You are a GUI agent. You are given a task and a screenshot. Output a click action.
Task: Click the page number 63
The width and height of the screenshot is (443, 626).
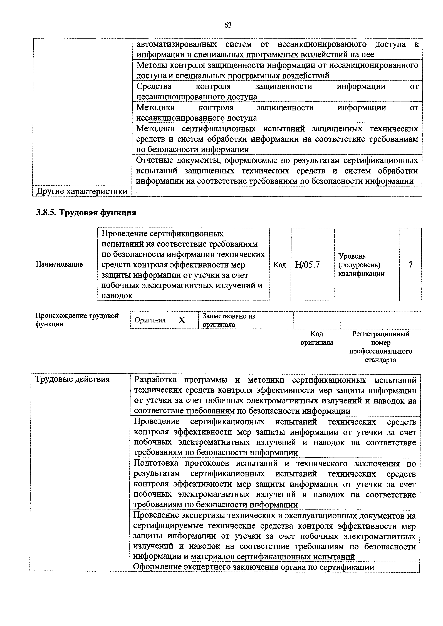pyautogui.click(x=228, y=25)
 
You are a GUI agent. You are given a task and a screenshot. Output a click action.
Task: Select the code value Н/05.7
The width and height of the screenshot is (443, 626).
pyautogui.click(x=307, y=265)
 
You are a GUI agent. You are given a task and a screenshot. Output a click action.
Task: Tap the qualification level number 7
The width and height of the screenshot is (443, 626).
pyautogui.click(x=410, y=265)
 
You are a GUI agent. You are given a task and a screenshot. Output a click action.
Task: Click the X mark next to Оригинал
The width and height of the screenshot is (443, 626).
pyautogui.click(x=182, y=320)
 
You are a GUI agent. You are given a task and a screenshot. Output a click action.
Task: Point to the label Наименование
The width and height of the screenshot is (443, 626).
pyautogui.click(x=59, y=264)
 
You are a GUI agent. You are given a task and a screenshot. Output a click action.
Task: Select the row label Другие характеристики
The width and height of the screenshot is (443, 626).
pyautogui.click(x=82, y=191)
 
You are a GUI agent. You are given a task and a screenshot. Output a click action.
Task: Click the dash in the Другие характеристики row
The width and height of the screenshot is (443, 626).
pyautogui.click(x=138, y=192)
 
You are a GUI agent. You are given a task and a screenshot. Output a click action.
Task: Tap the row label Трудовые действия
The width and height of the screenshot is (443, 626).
pyautogui.click(x=73, y=379)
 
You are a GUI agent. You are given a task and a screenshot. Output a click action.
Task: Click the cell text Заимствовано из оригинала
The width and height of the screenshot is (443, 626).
pyautogui.click(x=229, y=320)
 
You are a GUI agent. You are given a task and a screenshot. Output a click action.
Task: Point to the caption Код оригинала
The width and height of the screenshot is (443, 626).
pyautogui.click(x=317, y=338)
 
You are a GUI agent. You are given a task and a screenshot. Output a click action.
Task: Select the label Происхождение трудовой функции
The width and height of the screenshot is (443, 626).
pyautogui.click(x=77, y=320)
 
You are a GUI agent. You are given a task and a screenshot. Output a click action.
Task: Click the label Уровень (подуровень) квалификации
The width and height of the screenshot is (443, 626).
pyautogui.click(x=361, y=265)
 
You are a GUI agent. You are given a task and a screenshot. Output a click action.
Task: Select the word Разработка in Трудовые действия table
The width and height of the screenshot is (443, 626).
pyautogui.click(x=155, y=380)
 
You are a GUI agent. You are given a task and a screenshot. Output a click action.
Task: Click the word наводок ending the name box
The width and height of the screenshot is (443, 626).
pyautogui.click(x=117, y=296)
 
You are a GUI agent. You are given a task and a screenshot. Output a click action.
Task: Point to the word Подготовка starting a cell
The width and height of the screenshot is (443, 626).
pyautogui.click(x=156, y=463)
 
